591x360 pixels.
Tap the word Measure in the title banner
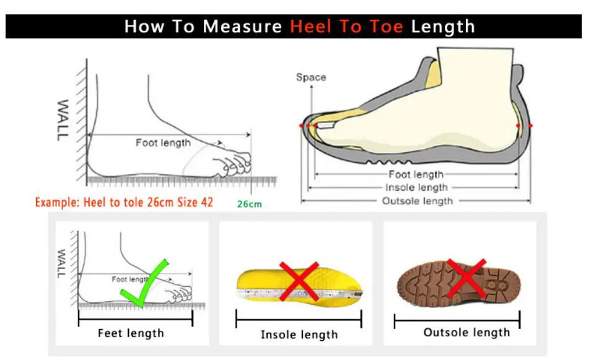(x=242, y=27)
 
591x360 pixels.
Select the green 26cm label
(x=249, y=204)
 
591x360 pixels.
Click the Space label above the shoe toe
(x=311, y=77)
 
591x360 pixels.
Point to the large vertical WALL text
(x=63, y=120)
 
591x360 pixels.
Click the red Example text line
(x=124, y=203)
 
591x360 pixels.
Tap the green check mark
(x=144, y=283)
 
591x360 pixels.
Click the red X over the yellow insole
(x=299, y=281)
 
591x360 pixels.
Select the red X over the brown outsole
(x=466, y=278)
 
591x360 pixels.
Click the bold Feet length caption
(x=131, y=333)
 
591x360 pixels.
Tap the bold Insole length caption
(x=299, y=335)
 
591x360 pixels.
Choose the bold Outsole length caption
(x=466, y=333)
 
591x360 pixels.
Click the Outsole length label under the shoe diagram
(x=418, y=201)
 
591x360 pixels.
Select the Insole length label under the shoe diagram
(x=416, y=187)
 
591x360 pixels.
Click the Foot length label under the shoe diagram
(x=416, y=174)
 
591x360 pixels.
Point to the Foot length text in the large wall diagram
(x=163, y=143)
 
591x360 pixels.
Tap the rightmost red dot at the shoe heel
(x=530, y=126)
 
